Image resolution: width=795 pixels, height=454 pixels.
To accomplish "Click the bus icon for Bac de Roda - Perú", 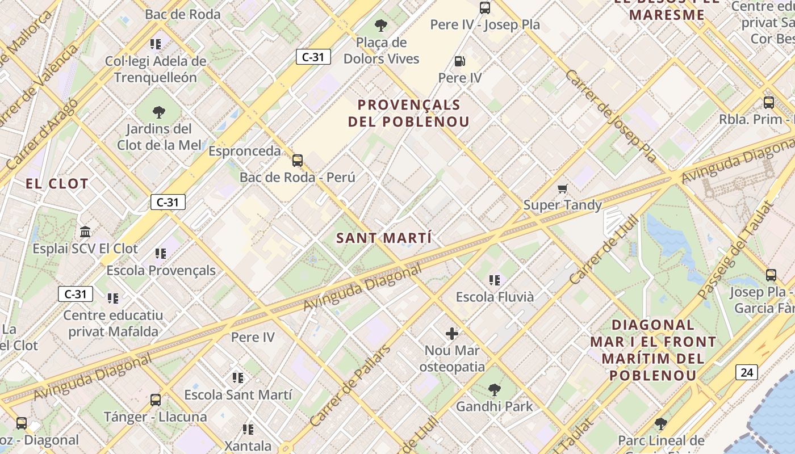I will click(298, 161).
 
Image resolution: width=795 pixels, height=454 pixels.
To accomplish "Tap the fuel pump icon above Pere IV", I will click(459, 61).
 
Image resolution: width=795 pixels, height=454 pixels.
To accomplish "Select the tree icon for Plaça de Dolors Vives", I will click(381, 26).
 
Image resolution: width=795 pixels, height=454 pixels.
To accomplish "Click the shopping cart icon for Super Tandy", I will click(562, 188).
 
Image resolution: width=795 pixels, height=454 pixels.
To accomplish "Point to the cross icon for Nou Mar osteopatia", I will click(452, 334).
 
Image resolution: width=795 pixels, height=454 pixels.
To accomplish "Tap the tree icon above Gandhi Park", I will click(495, 389).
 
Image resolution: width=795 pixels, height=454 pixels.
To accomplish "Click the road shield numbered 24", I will click(746, 372).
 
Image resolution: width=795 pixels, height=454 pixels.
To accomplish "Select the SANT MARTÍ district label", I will click(384, 238).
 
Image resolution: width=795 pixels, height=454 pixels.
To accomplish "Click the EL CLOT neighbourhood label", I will click(57, 183).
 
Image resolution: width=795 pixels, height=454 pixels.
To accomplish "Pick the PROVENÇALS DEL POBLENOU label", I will click(409, 113).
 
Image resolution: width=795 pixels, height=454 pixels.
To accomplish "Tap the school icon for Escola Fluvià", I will click(495, 280).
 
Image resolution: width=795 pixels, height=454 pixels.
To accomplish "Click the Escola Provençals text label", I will click(161, 270).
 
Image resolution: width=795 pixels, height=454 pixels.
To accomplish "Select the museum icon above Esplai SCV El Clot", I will click(86, 232).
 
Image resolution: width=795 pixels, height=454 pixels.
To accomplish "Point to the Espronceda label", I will click(244, 151).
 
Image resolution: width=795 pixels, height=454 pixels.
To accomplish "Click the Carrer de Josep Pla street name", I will click(610, 116).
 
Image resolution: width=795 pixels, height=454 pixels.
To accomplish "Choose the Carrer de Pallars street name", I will click(350, 385).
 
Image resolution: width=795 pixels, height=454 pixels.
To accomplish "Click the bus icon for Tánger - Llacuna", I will click(156, 400).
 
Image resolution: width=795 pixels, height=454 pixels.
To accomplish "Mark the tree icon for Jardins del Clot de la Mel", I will click(159, 112).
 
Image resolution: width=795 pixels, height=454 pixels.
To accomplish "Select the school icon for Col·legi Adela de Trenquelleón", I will click(156, 44).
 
